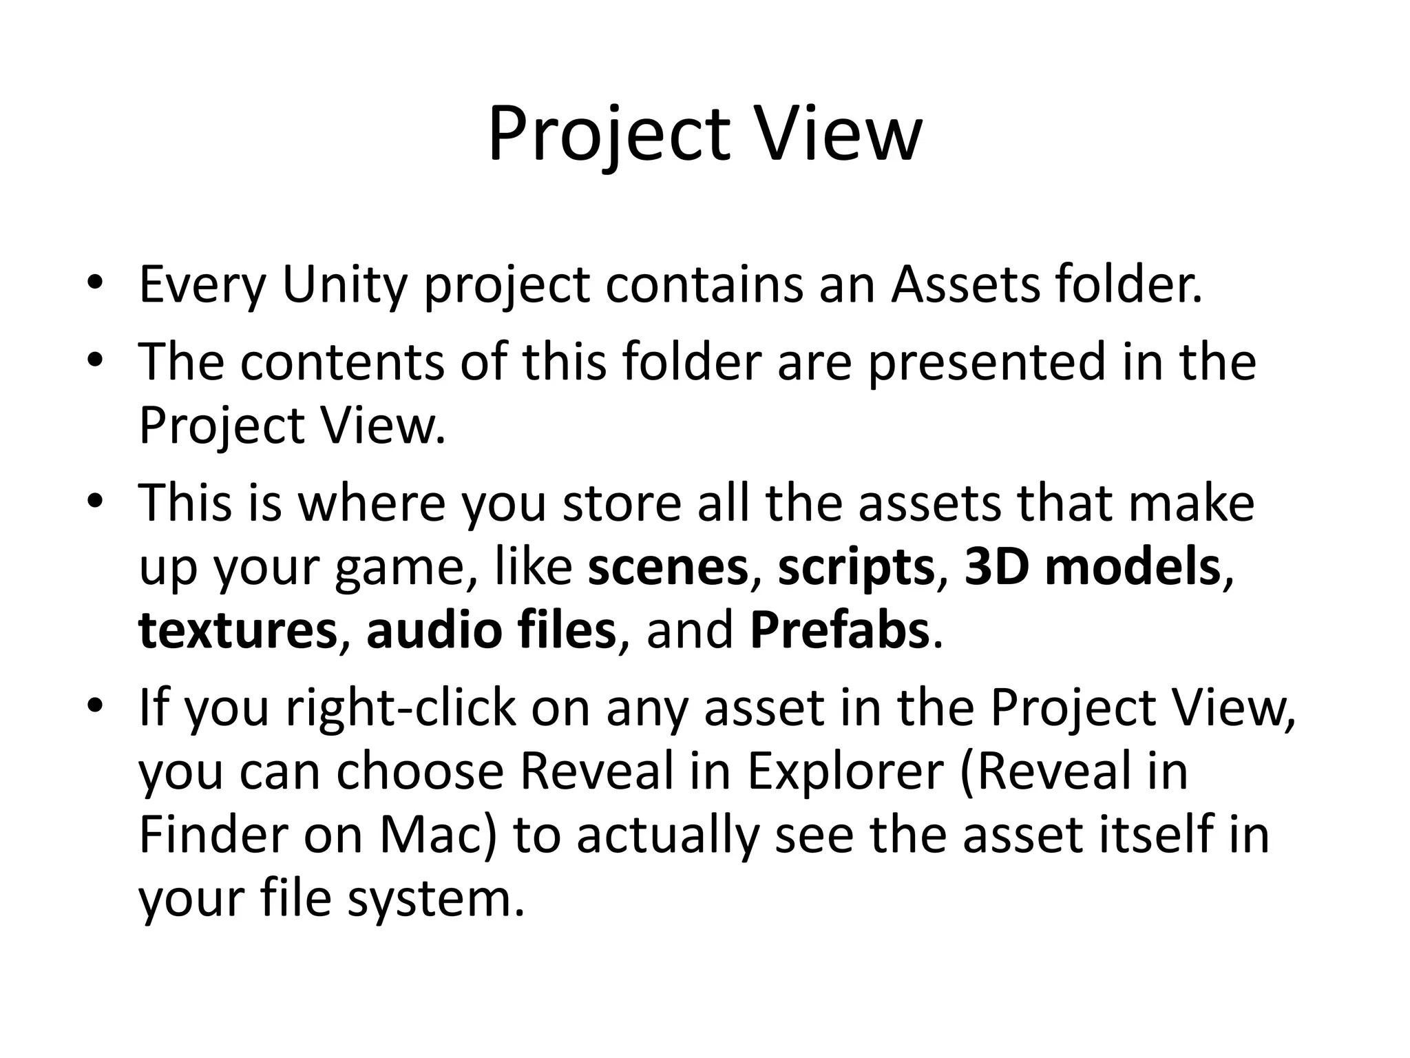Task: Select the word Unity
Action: (345, 284)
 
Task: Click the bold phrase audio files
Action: (491, 630)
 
